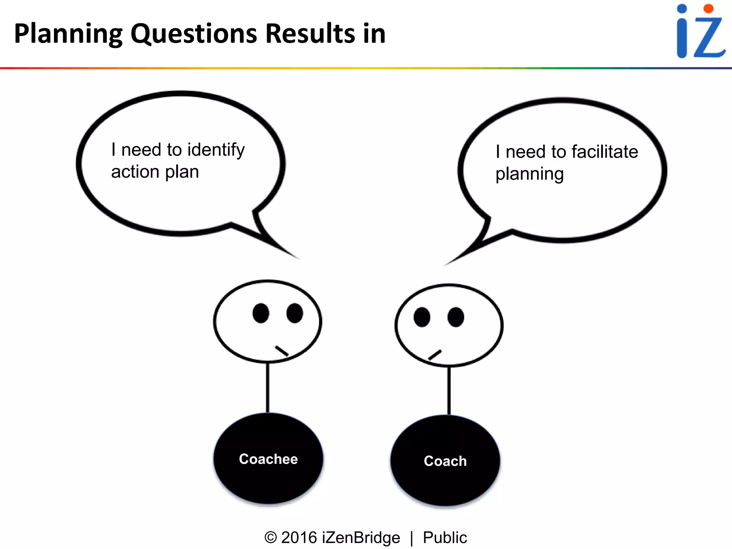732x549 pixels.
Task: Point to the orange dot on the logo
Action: click(x=708, y=9)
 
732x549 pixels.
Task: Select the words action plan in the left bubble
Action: click(x=155, y=172)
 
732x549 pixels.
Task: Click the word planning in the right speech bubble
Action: click(x=529, y=174)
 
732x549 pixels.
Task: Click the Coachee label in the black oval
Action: click(x=268, y=459)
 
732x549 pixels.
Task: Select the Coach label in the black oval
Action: click(x=445, y=461)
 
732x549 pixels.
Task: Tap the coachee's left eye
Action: click(x=261, y=313)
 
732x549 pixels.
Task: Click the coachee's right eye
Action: click(x=295, y=313)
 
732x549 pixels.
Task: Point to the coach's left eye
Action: click(x=422, y=317)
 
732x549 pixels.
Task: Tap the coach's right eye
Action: click(x=456, y=317)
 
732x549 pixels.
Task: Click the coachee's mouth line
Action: click(x=282, y=351)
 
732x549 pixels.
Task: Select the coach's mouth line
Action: click(x=435, y=355)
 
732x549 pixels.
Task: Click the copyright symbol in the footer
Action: click(x=271, y=538)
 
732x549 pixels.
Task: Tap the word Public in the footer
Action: click(x=445, y=538)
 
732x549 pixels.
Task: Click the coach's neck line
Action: click(x=449, y=390)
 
